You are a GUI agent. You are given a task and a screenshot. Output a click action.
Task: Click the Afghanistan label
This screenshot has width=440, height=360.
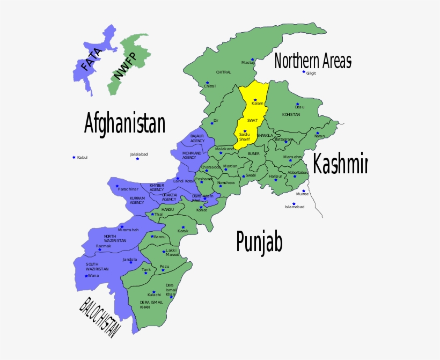124,123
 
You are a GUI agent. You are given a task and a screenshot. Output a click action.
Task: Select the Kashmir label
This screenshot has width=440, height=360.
340,164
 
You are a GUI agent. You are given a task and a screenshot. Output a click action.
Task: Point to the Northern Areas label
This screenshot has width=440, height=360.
313,61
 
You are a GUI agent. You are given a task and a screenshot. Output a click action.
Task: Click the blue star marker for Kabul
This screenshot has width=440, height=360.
74,157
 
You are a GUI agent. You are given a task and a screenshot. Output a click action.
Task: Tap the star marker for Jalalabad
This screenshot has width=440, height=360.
137,158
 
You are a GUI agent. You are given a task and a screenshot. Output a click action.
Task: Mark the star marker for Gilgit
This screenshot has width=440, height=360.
304,71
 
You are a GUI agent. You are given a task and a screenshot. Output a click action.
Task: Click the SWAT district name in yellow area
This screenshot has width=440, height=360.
252,120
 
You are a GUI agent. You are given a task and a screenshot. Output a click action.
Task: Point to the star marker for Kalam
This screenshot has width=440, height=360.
255,100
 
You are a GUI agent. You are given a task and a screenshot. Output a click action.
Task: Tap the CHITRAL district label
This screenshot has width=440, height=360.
224,72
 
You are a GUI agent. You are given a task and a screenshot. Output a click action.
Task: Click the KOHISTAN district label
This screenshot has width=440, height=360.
291,115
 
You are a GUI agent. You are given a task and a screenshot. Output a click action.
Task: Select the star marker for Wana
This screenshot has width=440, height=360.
86,276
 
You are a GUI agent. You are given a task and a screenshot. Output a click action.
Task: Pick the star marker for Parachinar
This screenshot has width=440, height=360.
117,186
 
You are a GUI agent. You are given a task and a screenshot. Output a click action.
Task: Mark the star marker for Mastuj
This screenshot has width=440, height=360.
251,59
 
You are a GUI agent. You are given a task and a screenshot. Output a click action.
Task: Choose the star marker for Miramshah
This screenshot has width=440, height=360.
122,226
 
